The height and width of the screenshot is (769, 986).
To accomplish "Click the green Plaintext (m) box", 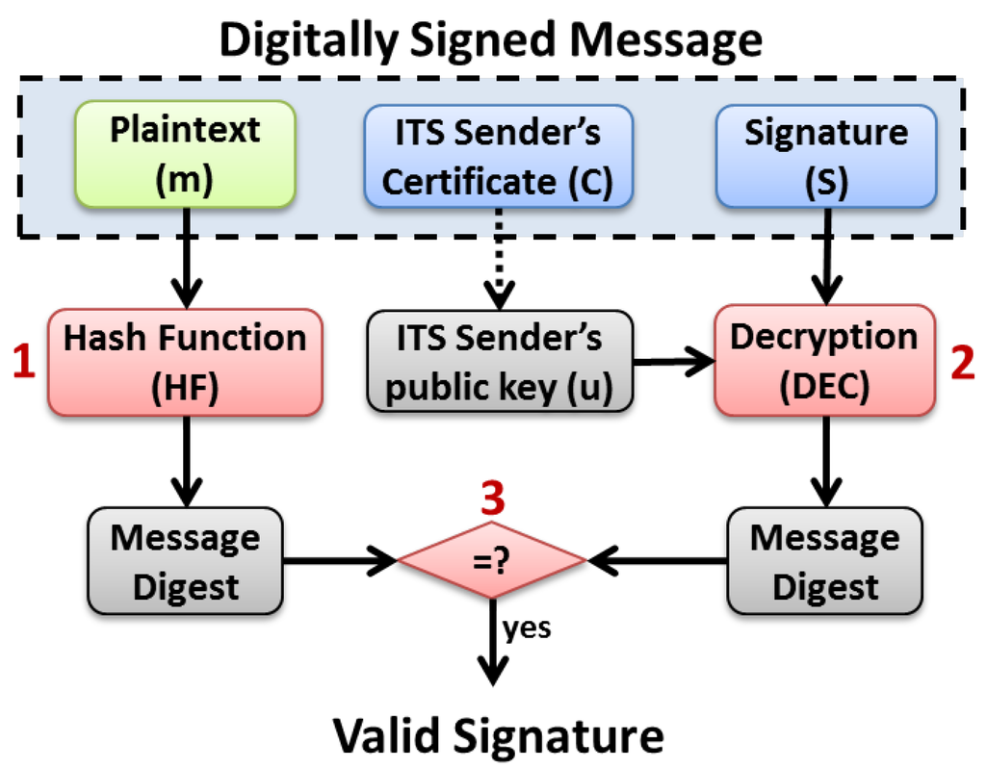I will (185, 154).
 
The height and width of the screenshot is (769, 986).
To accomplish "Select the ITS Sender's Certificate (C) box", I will (498, 154).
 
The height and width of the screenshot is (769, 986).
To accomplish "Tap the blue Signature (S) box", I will (826, 154).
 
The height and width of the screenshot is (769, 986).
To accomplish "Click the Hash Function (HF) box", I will (184, 362).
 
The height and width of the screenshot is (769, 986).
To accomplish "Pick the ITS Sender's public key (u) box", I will (498, 363).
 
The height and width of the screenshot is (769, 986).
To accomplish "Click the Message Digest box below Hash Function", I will (185, 561).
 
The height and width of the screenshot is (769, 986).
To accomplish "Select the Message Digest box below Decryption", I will (825, 561).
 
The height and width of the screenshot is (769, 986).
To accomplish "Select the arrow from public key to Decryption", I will (673, 362).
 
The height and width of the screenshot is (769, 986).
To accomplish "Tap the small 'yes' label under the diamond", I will (526, 628).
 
